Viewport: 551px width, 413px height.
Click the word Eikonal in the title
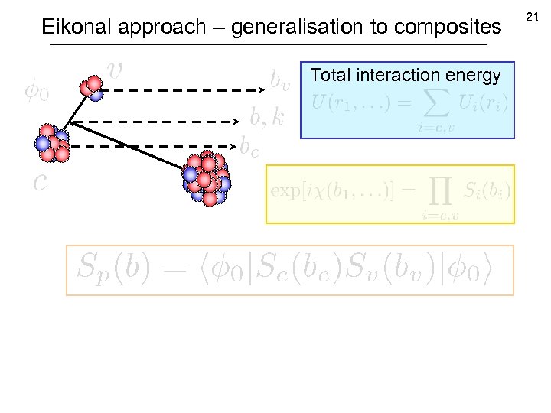[x=71, y=28]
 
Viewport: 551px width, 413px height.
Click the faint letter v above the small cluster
[x=115, y=70]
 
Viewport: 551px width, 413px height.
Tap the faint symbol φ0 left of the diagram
[x=36, y=93]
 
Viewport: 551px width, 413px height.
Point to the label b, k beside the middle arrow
[x=267, y=116]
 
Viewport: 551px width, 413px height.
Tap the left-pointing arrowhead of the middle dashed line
[x=75, y=121]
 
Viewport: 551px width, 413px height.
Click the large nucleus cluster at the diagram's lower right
[x=206, y=178]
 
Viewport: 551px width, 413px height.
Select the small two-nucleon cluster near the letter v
[x=93, y=87]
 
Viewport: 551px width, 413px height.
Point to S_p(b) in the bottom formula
[x=114, y=267]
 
